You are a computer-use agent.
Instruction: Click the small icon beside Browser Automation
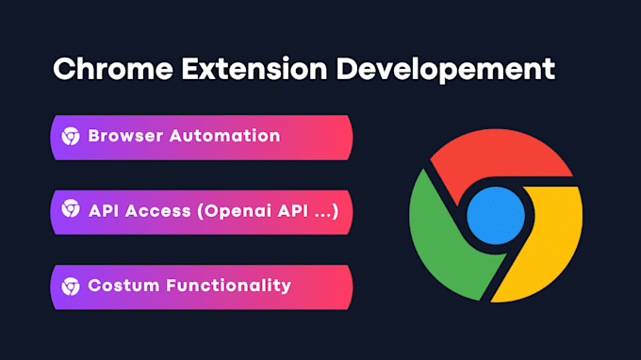pyautogui.click(x=71, y=136)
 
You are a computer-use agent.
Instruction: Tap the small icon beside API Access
pyautogui.click(x=71, y=209)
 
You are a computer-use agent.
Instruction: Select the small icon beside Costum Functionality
pyautogui.click(x=71, y=285)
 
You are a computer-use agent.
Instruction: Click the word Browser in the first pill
pyautogui.click(x=124, y=136)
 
